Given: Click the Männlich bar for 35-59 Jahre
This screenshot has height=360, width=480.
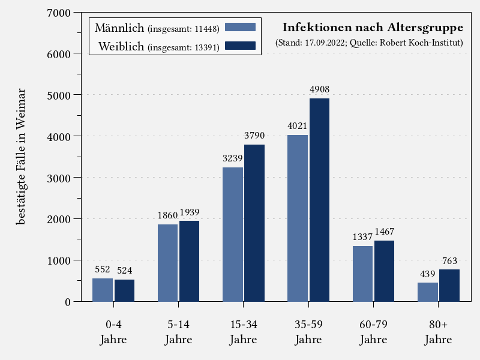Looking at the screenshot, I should point(298,218).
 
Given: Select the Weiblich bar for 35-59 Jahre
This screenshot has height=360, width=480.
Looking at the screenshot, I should point(319,200).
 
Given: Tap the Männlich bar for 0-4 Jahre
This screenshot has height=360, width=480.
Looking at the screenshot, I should point(103,290).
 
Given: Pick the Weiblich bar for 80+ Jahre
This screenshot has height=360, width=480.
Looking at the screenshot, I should point(449,285).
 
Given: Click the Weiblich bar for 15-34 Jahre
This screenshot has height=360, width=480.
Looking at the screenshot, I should point(254,223).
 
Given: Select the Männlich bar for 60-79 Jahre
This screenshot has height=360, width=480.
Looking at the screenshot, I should point(362,274).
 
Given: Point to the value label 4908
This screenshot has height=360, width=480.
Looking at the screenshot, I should point(319,90).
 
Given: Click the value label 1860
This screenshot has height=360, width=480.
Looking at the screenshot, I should point(167,215).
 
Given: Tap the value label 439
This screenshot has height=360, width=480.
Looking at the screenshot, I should point(427,274).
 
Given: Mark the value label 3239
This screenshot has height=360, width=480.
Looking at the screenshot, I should point(232,158).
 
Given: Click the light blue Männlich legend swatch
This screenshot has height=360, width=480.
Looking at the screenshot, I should point(240,27).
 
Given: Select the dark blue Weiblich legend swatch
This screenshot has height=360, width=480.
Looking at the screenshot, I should point(240,46).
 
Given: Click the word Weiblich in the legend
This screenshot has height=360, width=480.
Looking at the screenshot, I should point(122,46).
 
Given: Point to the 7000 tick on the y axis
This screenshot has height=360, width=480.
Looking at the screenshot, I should point(59,13).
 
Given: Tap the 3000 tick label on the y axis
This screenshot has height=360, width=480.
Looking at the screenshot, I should point(59,178).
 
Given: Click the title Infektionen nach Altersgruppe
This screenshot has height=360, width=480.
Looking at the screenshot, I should point(373,28).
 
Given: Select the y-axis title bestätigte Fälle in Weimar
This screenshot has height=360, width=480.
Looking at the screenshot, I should point(21,156).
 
